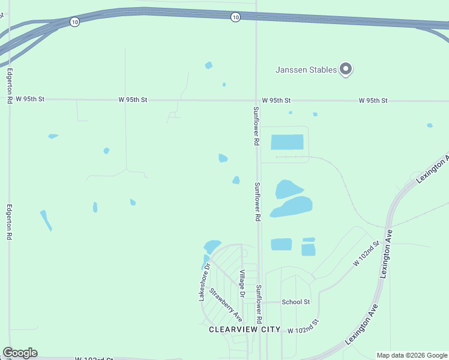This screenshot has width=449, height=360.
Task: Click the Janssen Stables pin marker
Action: coord(345,69)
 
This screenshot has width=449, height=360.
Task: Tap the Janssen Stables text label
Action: coord(306,70)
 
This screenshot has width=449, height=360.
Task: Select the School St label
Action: coord(295,302)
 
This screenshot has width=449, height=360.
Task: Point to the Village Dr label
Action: coord(242,284)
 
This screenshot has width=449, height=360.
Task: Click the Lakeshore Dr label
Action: coord(205,282)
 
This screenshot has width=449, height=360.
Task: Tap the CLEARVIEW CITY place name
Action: coord(244,329)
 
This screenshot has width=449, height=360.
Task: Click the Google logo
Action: coord(20,353)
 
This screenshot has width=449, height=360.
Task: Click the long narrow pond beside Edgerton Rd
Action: coord(46,220)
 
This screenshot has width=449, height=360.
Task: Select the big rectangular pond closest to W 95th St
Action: coord(287,142)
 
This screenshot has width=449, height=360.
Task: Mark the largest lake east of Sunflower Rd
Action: coord(292,207)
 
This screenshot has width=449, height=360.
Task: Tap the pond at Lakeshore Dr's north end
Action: coord(212,246)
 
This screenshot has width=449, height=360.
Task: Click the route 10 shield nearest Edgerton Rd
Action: coord(74,22)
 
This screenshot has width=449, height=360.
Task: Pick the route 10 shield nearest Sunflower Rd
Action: coord(235,17)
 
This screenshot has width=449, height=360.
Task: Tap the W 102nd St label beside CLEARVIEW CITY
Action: coord(303,331)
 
